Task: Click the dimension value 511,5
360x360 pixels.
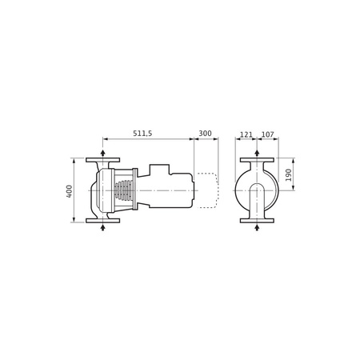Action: [x=145, y=134]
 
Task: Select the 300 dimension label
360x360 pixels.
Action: [x=206, y=134]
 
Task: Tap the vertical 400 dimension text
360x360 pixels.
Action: [x=70, y=190]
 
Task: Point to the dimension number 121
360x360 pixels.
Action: [x=246, y=134]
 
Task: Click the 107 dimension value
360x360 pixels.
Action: [x=267, y=134]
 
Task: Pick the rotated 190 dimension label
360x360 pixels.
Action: [x=290, y=174]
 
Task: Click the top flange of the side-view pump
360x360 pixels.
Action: [x=103, y=160]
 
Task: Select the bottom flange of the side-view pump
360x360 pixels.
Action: [x=103, y=220]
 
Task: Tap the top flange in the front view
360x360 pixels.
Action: [x=256, y=160]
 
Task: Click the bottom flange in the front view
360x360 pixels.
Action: [x=256, y=220]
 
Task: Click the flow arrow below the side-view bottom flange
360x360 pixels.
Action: [x=103, y=229]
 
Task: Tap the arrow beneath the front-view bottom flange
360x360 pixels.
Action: [x=256, y=229]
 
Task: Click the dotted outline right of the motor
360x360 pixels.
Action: [x=208, y=190]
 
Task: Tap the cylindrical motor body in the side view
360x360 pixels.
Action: [x=168, y=190]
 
